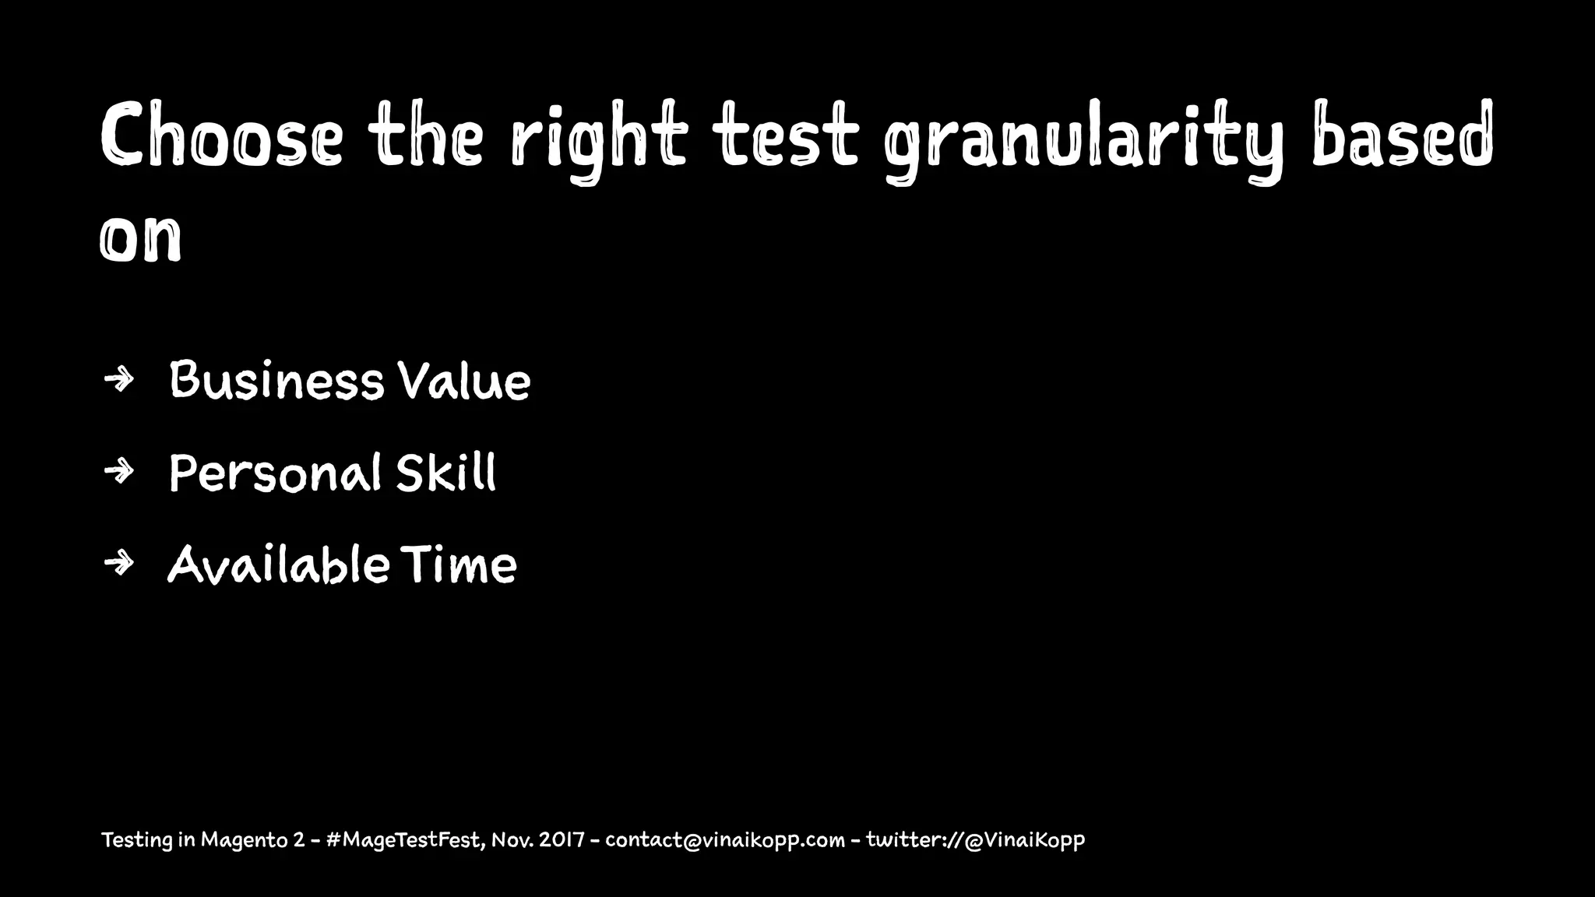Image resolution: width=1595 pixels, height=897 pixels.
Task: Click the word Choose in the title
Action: coord(221,136)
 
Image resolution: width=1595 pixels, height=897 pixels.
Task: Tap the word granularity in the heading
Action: coord(1083,140)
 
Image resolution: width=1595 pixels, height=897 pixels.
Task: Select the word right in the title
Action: coord(599,140)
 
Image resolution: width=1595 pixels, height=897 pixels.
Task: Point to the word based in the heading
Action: coord(1402,136)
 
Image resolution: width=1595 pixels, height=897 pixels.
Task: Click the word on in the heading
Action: coord(141,237)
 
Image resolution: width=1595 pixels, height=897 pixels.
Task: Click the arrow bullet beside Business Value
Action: coord(119,380)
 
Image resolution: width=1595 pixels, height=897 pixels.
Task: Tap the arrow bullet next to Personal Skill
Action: coord(119,471)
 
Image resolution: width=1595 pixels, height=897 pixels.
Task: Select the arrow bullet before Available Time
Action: coord(119,563)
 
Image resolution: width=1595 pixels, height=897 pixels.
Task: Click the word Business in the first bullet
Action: coord(276,381)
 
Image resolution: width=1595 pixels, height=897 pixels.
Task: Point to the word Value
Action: coord(464,382)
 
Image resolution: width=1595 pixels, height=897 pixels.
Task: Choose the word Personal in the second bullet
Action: coord(275,473)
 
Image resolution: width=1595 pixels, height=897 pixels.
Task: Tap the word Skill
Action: coord(445,473)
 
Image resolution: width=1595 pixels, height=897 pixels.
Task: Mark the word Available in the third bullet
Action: coord(278,565)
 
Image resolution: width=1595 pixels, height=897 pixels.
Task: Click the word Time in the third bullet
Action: coord(459,565)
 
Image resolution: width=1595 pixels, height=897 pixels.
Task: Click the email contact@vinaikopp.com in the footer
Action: coord(724,841)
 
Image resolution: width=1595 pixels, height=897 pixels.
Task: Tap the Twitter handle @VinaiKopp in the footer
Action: coord(1024,841)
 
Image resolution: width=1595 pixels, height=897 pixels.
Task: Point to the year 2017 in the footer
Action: coord(562,840)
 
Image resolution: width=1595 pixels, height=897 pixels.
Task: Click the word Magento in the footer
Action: coord(245,841)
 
